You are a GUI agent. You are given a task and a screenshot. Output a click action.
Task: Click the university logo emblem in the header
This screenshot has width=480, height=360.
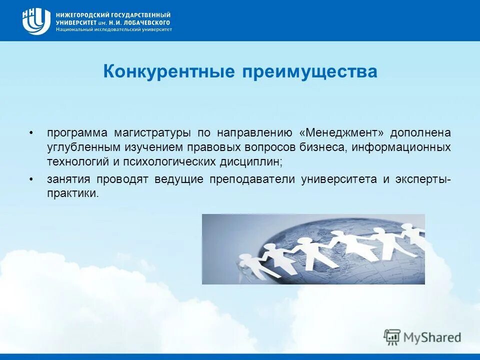pos(36,21)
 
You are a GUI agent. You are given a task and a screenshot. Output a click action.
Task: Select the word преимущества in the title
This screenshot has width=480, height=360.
pos(309,71)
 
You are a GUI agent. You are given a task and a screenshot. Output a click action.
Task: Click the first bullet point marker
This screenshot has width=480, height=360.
pos(31,133)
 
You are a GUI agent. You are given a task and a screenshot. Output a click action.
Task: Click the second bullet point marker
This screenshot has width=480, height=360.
pos(31,179)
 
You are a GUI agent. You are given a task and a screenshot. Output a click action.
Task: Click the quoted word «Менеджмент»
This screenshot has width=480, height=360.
pos(341,133)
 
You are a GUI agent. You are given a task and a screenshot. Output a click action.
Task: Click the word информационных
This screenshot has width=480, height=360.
pos(401,147)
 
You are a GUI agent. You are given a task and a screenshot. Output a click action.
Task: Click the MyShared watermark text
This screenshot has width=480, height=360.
pos(433,337)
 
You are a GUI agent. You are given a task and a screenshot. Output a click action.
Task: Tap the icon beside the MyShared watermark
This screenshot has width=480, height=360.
pos(392,337)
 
